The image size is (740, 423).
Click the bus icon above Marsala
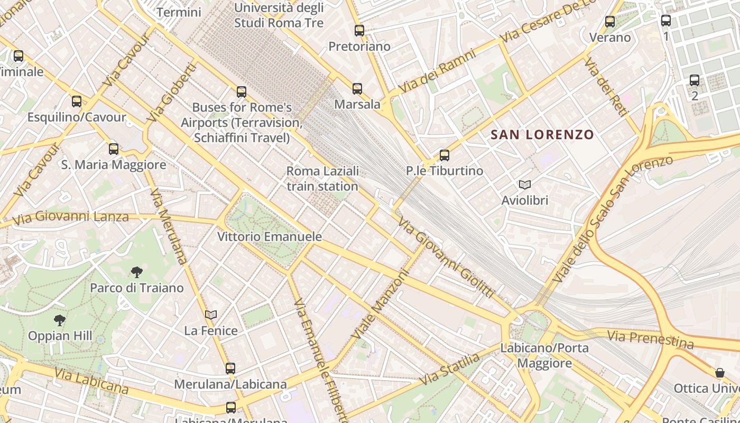tap(357, 89)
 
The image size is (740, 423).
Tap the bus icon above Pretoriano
tap(359, 31)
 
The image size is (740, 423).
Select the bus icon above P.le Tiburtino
tap(445, 155)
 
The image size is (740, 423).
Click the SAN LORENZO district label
tap(542, 134)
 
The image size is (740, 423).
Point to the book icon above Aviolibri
tap(524, 185)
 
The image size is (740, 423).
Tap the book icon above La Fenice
tap(211, 315)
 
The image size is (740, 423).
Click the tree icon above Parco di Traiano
tap(137, 272)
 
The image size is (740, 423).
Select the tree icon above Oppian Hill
tap(60, 320)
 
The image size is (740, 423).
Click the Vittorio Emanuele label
tap(270, 236)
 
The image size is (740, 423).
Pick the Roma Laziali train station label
tap(322, 179)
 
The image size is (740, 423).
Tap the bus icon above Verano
tap(610, 22)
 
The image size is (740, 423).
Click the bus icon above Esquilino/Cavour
tap(77, 101)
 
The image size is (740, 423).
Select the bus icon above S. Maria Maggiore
tap(114, 149)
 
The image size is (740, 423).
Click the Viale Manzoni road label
tap(381, 306)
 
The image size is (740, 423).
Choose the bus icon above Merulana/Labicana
tap(230, 369)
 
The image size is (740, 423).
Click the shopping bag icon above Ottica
tap(719, 373)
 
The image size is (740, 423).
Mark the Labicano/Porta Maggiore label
tap(544, 355)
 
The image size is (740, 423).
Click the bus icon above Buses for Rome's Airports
tap(242, 92)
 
